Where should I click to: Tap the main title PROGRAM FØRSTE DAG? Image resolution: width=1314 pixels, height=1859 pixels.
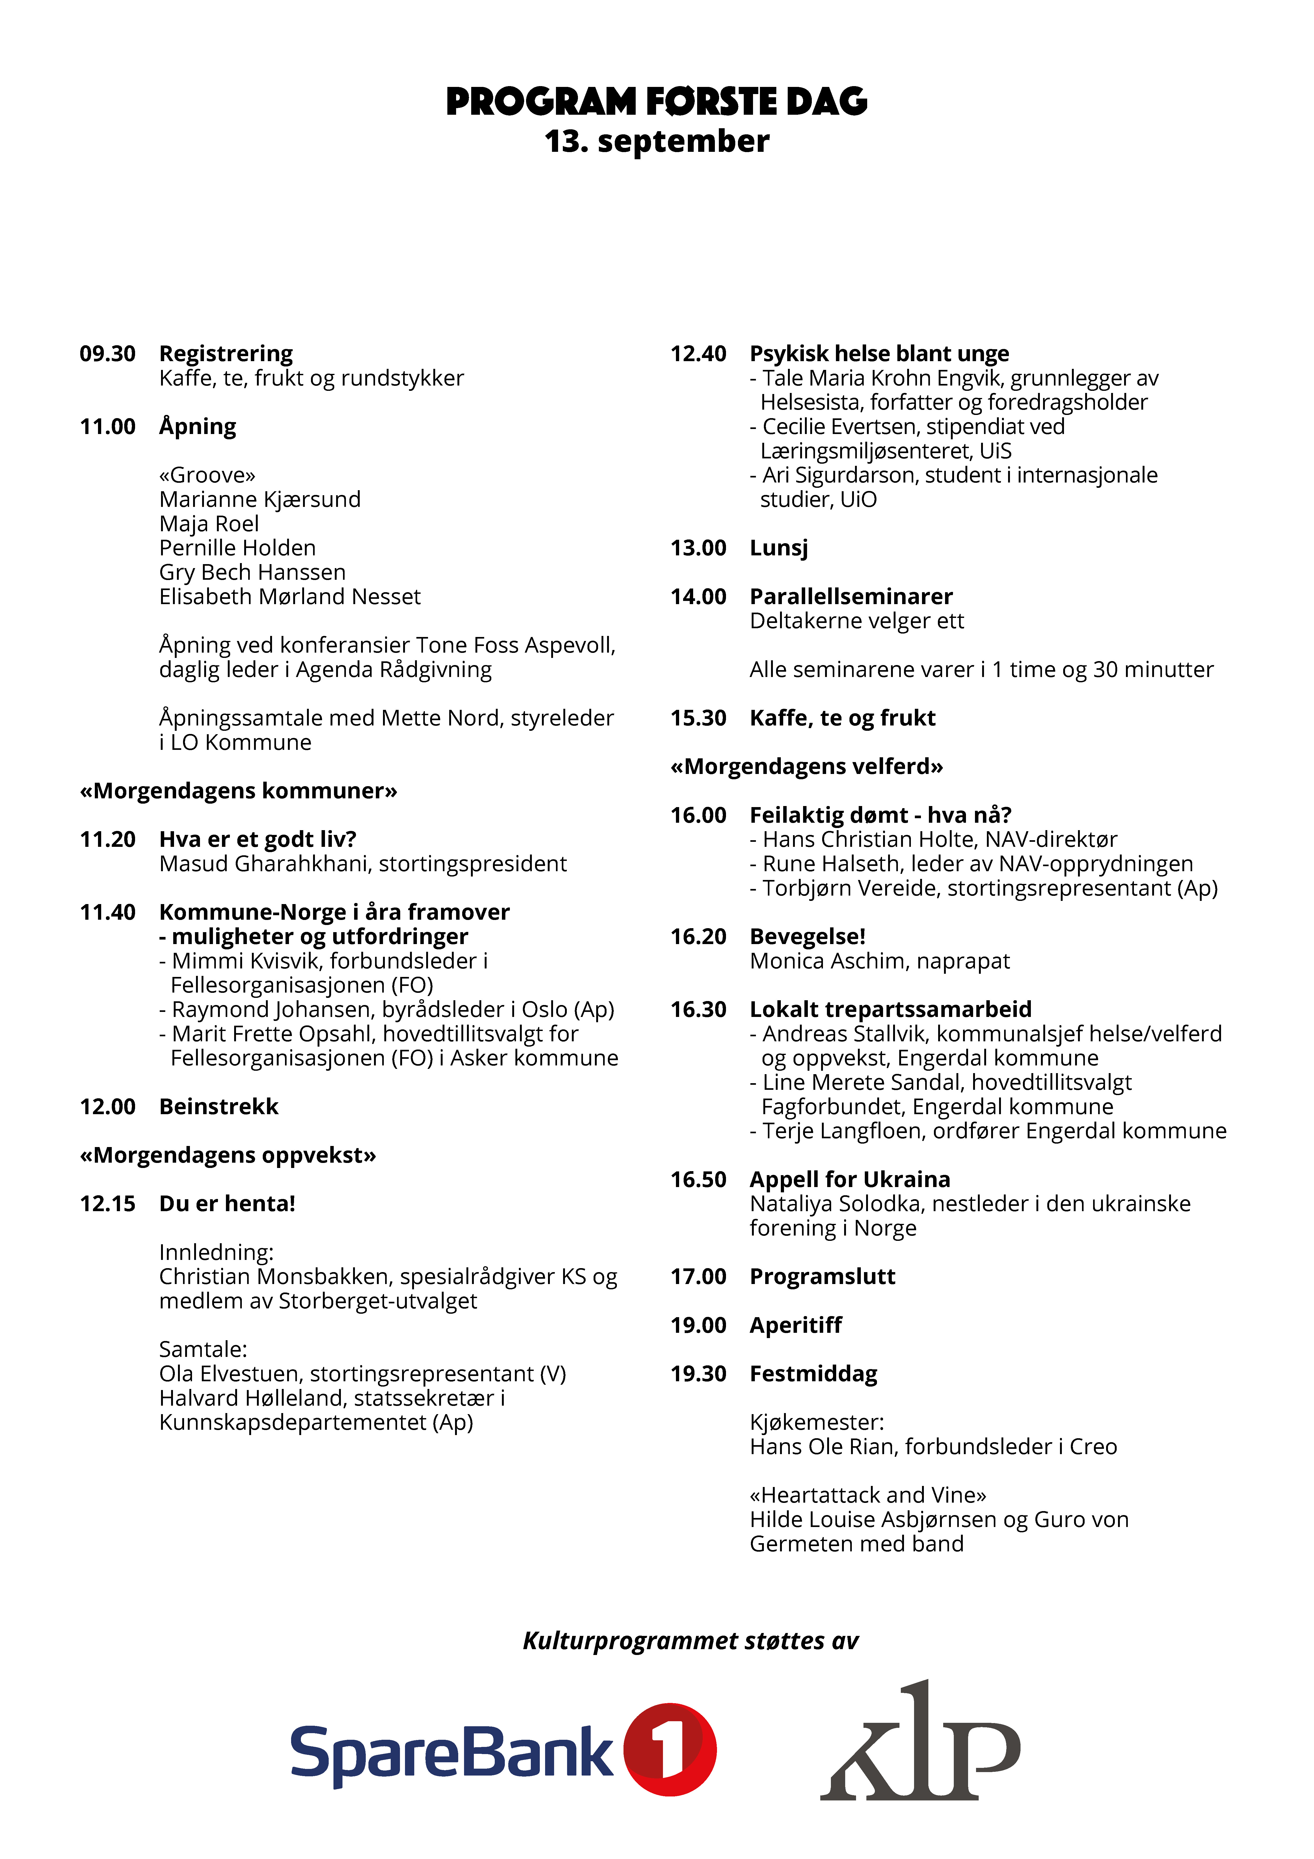coord(657,102)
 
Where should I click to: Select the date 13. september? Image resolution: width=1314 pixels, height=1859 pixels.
coord(657,142)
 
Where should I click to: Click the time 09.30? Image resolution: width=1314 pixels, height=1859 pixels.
coord(108,354)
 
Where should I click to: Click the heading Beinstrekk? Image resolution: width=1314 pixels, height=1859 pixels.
coord(219,1107)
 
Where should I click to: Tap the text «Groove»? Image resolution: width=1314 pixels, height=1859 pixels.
coord(207,475)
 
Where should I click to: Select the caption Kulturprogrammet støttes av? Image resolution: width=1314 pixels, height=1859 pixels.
coord(690,1641)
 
